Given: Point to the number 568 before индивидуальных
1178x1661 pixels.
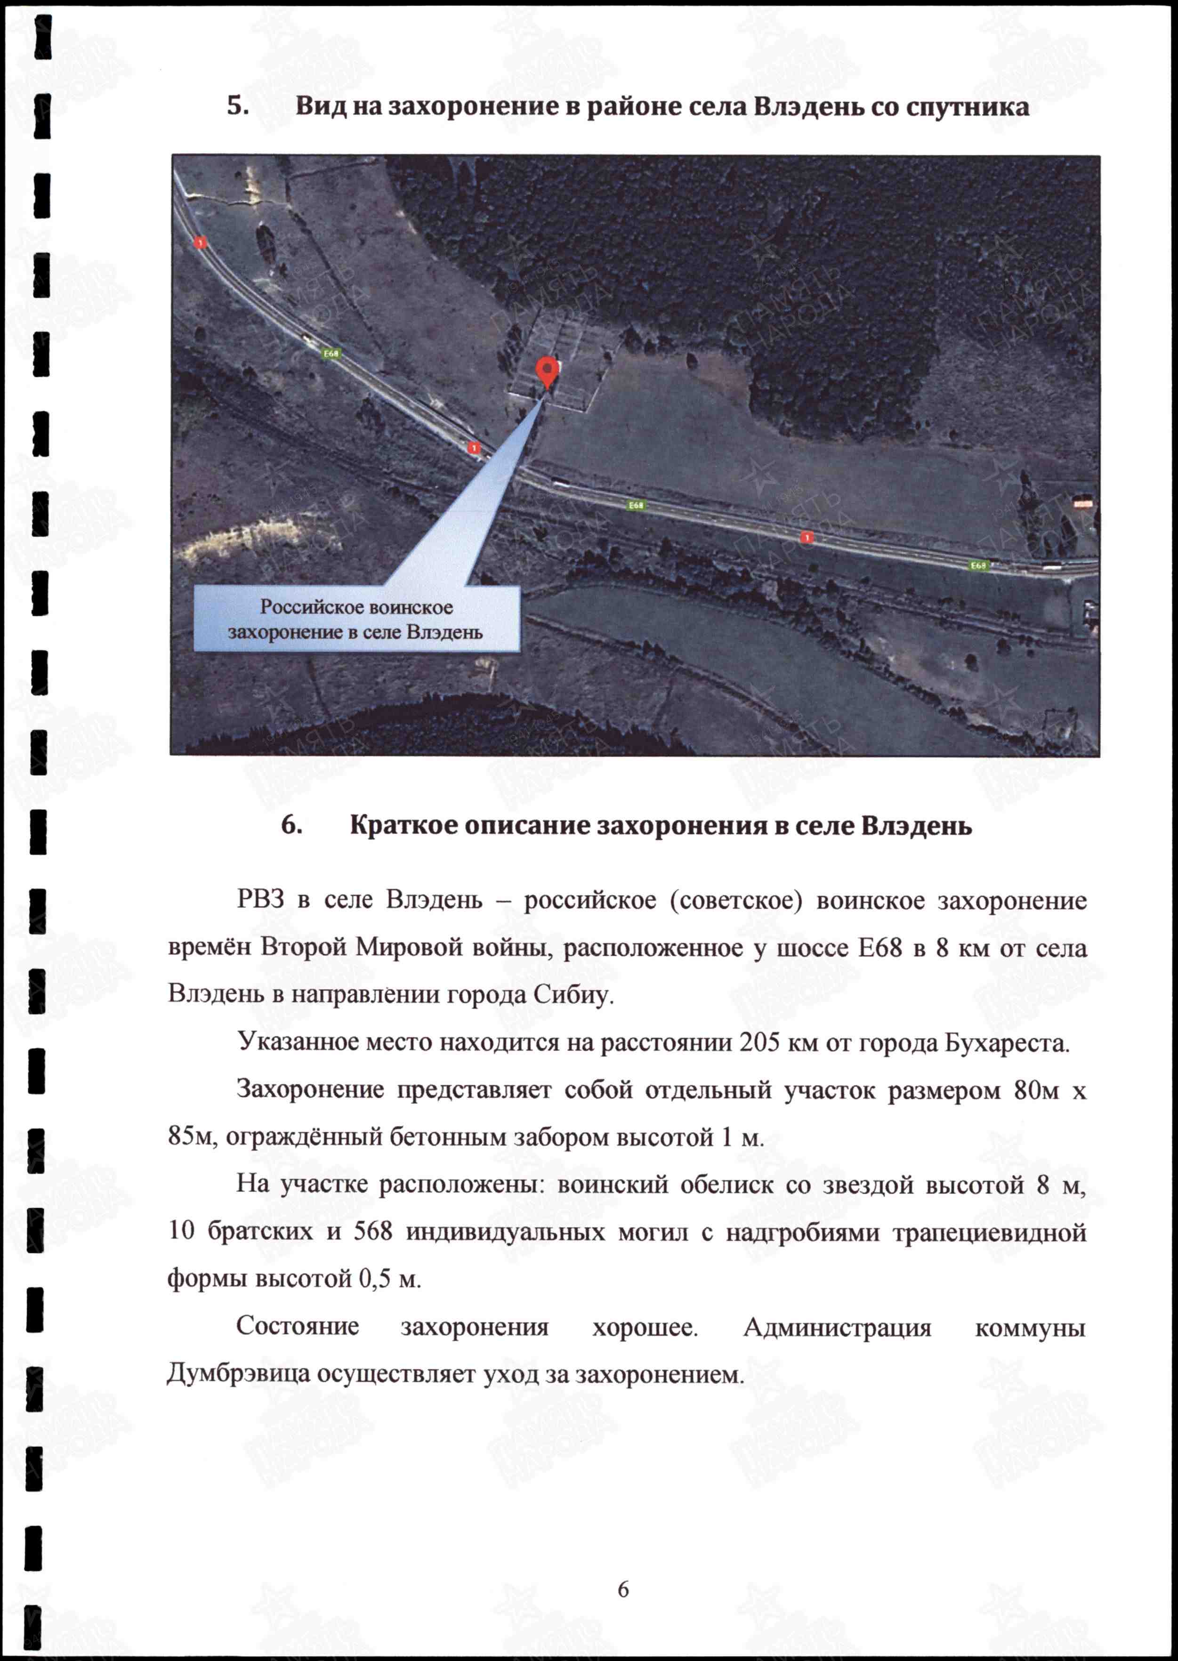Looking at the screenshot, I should pos(373,1232).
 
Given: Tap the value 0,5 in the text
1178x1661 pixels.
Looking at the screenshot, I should pos(375,1279).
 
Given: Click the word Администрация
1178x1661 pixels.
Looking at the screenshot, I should pos(837,1327).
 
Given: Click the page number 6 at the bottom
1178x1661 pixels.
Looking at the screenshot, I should pos(623,1589).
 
